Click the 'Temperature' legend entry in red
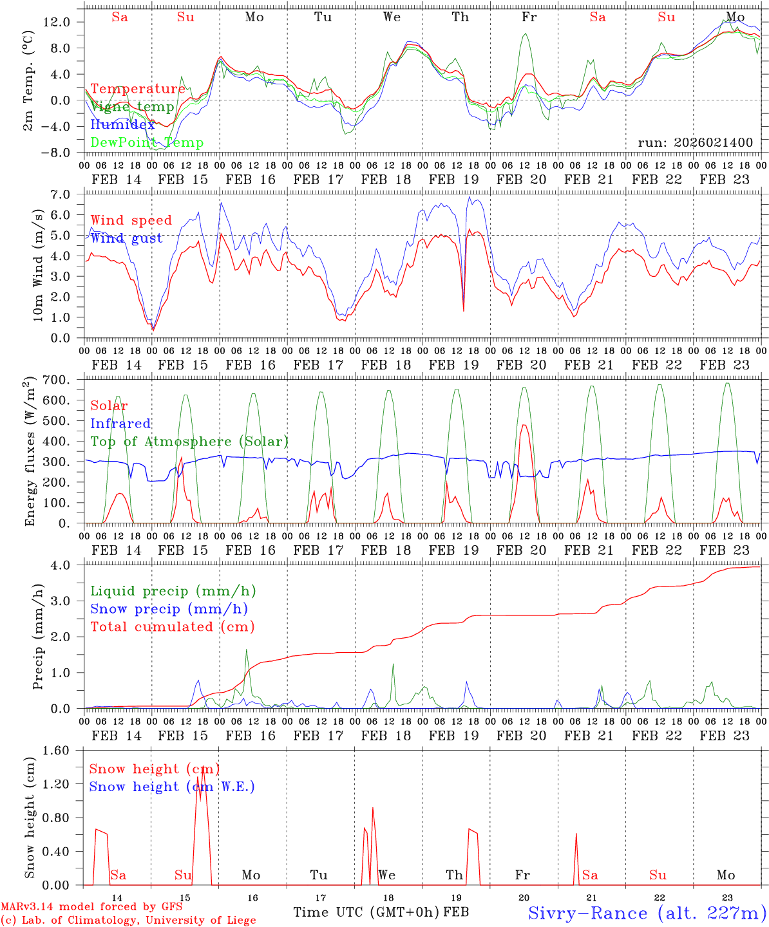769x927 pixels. click(x=137, y=89)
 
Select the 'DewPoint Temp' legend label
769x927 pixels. click(x=147, y=143)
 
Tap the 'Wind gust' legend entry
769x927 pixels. click(x=126, y=239)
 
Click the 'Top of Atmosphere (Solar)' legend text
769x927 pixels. click(x=189, y=442)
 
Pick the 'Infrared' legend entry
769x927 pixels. click(x=120, y=424)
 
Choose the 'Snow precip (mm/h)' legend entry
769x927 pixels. click(x=169, y=609)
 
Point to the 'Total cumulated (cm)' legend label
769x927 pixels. click(x=172, y=627)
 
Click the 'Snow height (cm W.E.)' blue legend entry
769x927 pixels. click(x=172, y=787)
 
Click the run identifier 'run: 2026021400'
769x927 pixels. click(x=695, y=143)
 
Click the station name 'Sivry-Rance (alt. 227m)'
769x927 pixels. click(x=647, y=913)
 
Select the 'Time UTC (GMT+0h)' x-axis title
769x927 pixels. click(x=366, y=912)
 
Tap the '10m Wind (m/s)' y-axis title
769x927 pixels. click(x=38, y=265)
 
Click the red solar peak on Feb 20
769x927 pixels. click(x=524, y=425)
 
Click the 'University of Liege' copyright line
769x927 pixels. click(x=128, y=921)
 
